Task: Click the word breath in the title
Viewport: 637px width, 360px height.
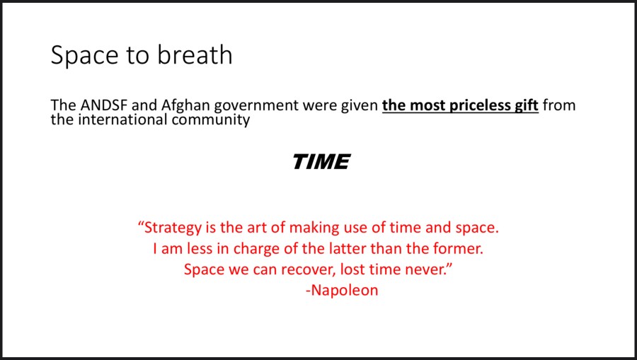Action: (x=195, y=54)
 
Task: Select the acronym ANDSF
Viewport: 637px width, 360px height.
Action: (x=104, y=105)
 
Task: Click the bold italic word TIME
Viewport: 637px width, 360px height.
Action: (x=321, y=161)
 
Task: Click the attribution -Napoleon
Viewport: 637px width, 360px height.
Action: (x=342, y=290)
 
